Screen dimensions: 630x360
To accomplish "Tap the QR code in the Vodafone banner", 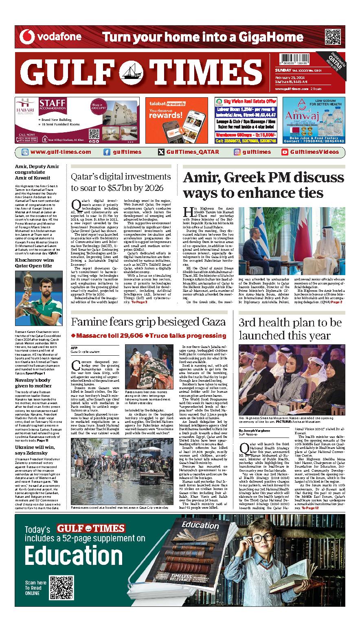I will pos(333,37).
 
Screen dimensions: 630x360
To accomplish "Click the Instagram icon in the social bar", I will pos(237,152).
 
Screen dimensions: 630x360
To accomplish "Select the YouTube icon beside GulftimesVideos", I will pos(285,152).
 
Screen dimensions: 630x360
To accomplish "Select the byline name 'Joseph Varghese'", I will pos(255,430).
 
